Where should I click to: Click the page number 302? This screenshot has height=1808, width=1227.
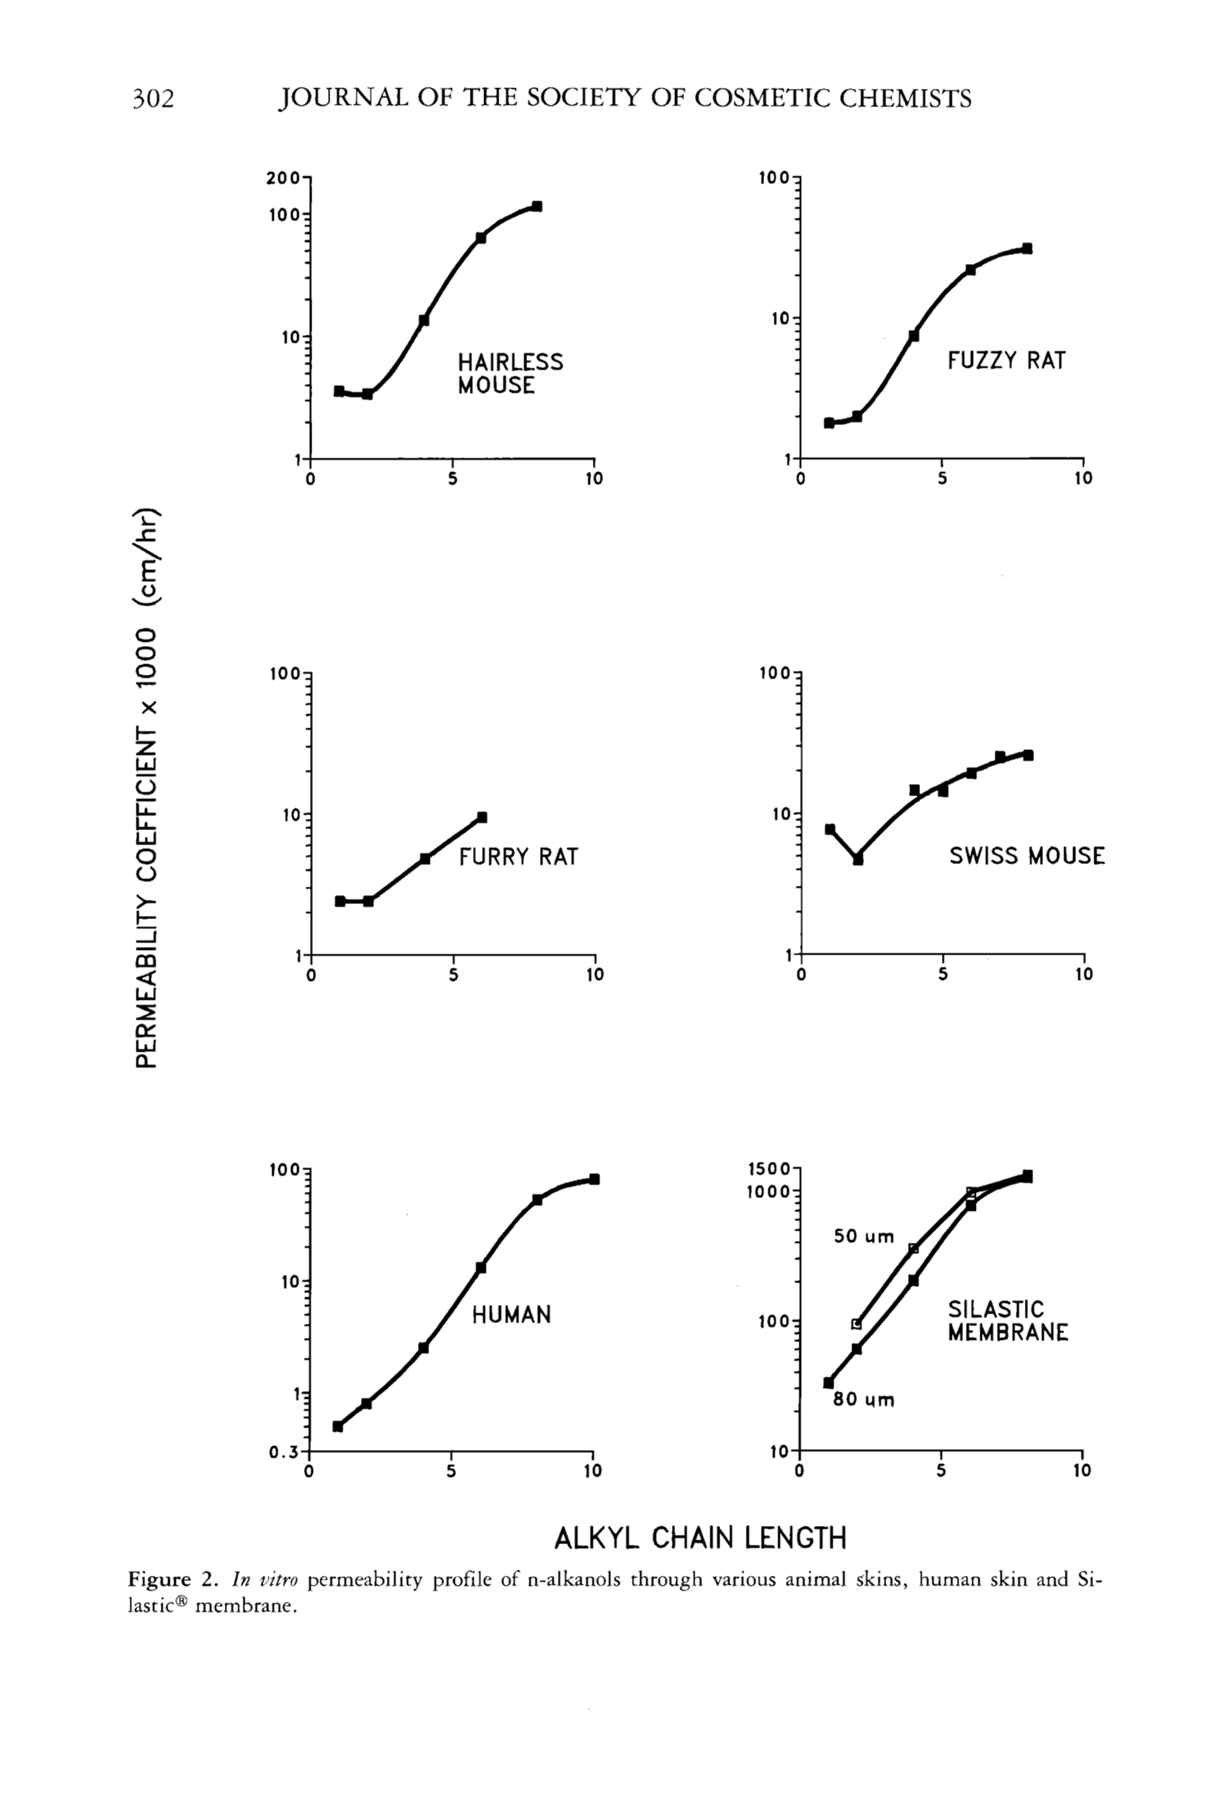click(152, 99)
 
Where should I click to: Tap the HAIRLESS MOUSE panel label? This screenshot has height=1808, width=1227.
click(510, 373)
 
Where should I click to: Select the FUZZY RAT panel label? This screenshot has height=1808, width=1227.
click(1006, 360)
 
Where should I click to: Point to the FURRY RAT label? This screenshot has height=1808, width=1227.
click(518, 857)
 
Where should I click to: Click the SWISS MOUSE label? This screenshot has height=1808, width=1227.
click(1026, 856)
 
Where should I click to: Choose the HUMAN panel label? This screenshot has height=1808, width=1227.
click(511, 1315)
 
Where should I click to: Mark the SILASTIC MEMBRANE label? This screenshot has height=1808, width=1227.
click(1008, 1321)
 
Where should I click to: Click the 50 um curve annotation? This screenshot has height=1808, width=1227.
click(864, 1236)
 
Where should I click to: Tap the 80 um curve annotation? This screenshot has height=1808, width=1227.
click(864, 1399)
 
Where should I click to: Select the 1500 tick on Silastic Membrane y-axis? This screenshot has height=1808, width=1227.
click(769, 1169)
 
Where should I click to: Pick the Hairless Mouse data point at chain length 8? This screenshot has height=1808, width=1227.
click(537, 206)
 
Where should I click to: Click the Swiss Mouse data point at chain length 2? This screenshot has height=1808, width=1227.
click(857, 860)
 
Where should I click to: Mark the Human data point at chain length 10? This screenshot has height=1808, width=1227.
click(594, 1179)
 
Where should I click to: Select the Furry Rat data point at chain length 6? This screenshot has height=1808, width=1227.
click(482, 817)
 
